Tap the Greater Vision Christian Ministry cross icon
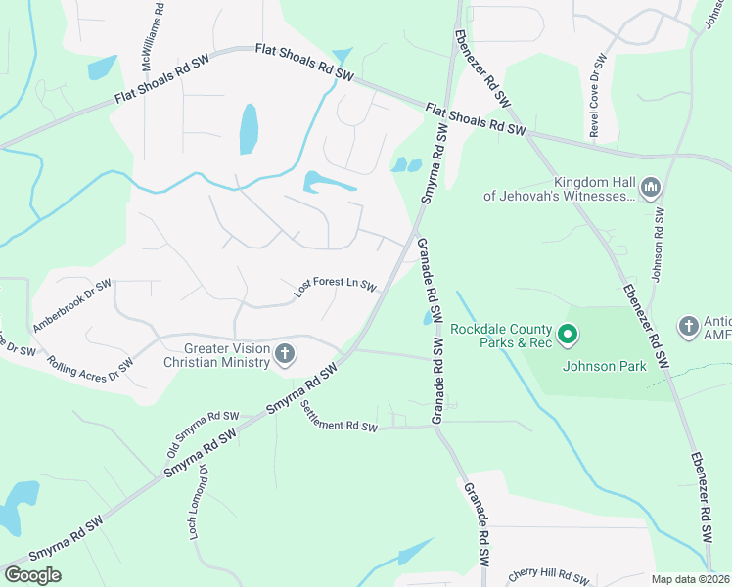click(x=285, y=353)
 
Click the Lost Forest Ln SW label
click(x=336, y=286)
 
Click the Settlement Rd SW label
click(x=339, y=418)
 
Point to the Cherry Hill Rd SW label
click(x=548, y=577)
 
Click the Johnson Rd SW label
click(x=658, y=245)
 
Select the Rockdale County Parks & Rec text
click(x=502, y=337)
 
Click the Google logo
click(x=32, y=575)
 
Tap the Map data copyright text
click(x=690, y=579)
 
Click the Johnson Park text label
click(x=604, y=367)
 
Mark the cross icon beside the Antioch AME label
click(x=688, y=325)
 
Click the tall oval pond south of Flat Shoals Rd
click(x=249, y=129)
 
